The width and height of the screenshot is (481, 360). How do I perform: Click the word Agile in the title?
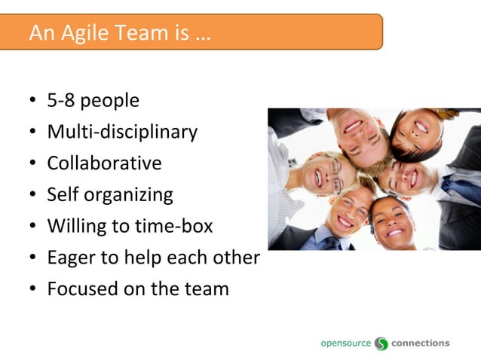pyautogui.click(x=82, y=33)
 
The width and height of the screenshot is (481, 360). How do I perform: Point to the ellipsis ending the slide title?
pyautogui.click(x=202, y=35)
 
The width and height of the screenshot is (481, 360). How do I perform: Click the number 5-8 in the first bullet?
pyautogui.click(x=61, y=101)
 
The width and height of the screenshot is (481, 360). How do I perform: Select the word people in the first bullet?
pyautogui.click(x=110, y=102)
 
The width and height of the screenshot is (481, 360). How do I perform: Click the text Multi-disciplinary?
pyautogui.click(x=122, y=132)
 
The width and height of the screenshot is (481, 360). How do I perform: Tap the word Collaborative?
pyautogui.click(x=104, y=163)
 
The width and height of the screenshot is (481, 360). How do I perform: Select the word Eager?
pyautogui.click(x=70, y=258)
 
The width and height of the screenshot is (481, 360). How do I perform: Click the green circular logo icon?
pyautogui.click(x=381, y=343)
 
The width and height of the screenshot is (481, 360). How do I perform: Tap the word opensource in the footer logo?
pyautogui.click(x=345, y=343)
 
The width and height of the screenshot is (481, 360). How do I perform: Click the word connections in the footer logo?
pyautogui.click(x=420, y=343)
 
